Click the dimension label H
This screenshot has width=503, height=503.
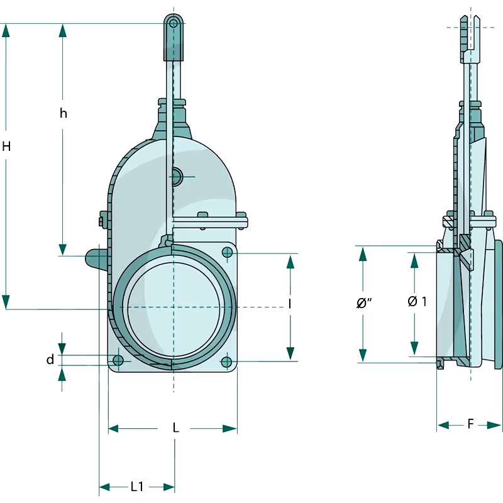tap(6, 146)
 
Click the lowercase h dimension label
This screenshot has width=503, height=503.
tap(64, 113)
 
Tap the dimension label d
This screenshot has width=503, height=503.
tap(50, 360)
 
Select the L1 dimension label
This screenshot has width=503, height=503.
tap(137, 487)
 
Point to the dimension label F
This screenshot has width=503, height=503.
tap(470, 424)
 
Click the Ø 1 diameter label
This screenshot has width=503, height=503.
tap(417, 301)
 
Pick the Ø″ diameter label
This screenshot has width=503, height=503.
tap(364, 303)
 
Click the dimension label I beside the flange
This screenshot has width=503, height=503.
tap(290, 304)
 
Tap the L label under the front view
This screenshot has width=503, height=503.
tap(175, 428)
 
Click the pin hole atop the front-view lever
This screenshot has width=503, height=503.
tap(174, 23)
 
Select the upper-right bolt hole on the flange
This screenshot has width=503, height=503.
tap(227, 253)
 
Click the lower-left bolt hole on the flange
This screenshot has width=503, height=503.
tap(118, 360)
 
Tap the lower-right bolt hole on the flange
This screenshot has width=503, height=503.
tap(226, 362)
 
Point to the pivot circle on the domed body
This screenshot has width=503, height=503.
tap(176, 177)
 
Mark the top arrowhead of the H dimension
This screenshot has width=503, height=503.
tap(6, 30)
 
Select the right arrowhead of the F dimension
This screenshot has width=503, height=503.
tap(494, 425)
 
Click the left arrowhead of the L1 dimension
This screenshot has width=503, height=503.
tap(104, 487)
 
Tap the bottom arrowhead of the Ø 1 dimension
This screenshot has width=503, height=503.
tap(414, 348)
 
